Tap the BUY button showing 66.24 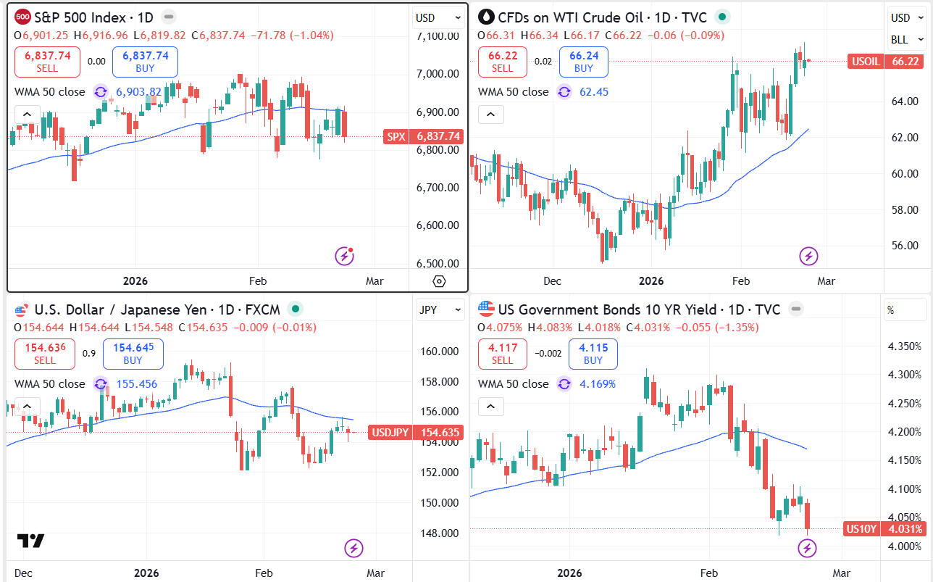coord(583,62)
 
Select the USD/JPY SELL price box coord(45,354)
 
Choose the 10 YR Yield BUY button coord(593,354)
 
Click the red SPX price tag coord(422,136)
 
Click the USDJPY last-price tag coord(415,433)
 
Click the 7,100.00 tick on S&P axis coord(438,36)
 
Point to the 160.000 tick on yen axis coord(440,352)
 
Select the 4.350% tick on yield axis coord(904,346)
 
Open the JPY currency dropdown coord(439,310)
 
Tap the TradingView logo coord(31,541)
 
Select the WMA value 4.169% coord(597,383)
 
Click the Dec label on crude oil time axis coord(552,280)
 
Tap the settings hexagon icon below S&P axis coord(439,281)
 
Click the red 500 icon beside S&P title coord(22,17)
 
